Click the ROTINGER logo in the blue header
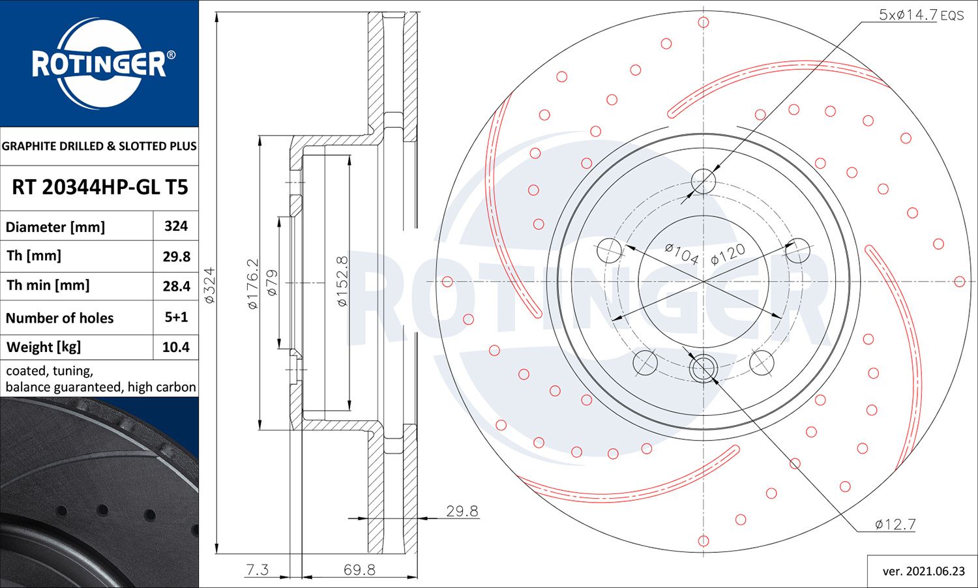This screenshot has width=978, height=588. tap(99, 63)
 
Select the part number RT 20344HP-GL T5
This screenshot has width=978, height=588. tap(100, 188)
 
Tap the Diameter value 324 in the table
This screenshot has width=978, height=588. tap(176, 226)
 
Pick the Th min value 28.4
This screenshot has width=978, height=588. tap(176, 286)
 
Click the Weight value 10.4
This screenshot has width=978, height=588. tap(176, 347)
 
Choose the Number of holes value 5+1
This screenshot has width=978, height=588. tap(176, 317)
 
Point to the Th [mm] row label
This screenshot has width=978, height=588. tap(34, 256)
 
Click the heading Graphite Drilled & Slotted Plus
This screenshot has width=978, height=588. tap(99, 146)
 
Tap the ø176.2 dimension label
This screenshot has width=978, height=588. tap(253, 283)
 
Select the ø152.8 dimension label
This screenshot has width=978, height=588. tap(342, 281)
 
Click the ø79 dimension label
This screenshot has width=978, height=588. tap(273, 282)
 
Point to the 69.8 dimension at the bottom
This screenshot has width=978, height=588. tap(359, 570)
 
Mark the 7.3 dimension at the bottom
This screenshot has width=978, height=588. tap(257, 570)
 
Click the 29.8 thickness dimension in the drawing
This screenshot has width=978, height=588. tap(462, 511)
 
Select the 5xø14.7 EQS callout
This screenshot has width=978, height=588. tap(920, 15)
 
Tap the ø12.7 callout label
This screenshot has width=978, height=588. tap(895, 524)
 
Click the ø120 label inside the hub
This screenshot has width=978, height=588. tap(728, 254)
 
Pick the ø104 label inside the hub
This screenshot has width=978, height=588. tap(682, 253)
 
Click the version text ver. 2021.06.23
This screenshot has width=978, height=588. tap(923, 571)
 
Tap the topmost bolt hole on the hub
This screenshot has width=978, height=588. tap(704, 180)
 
